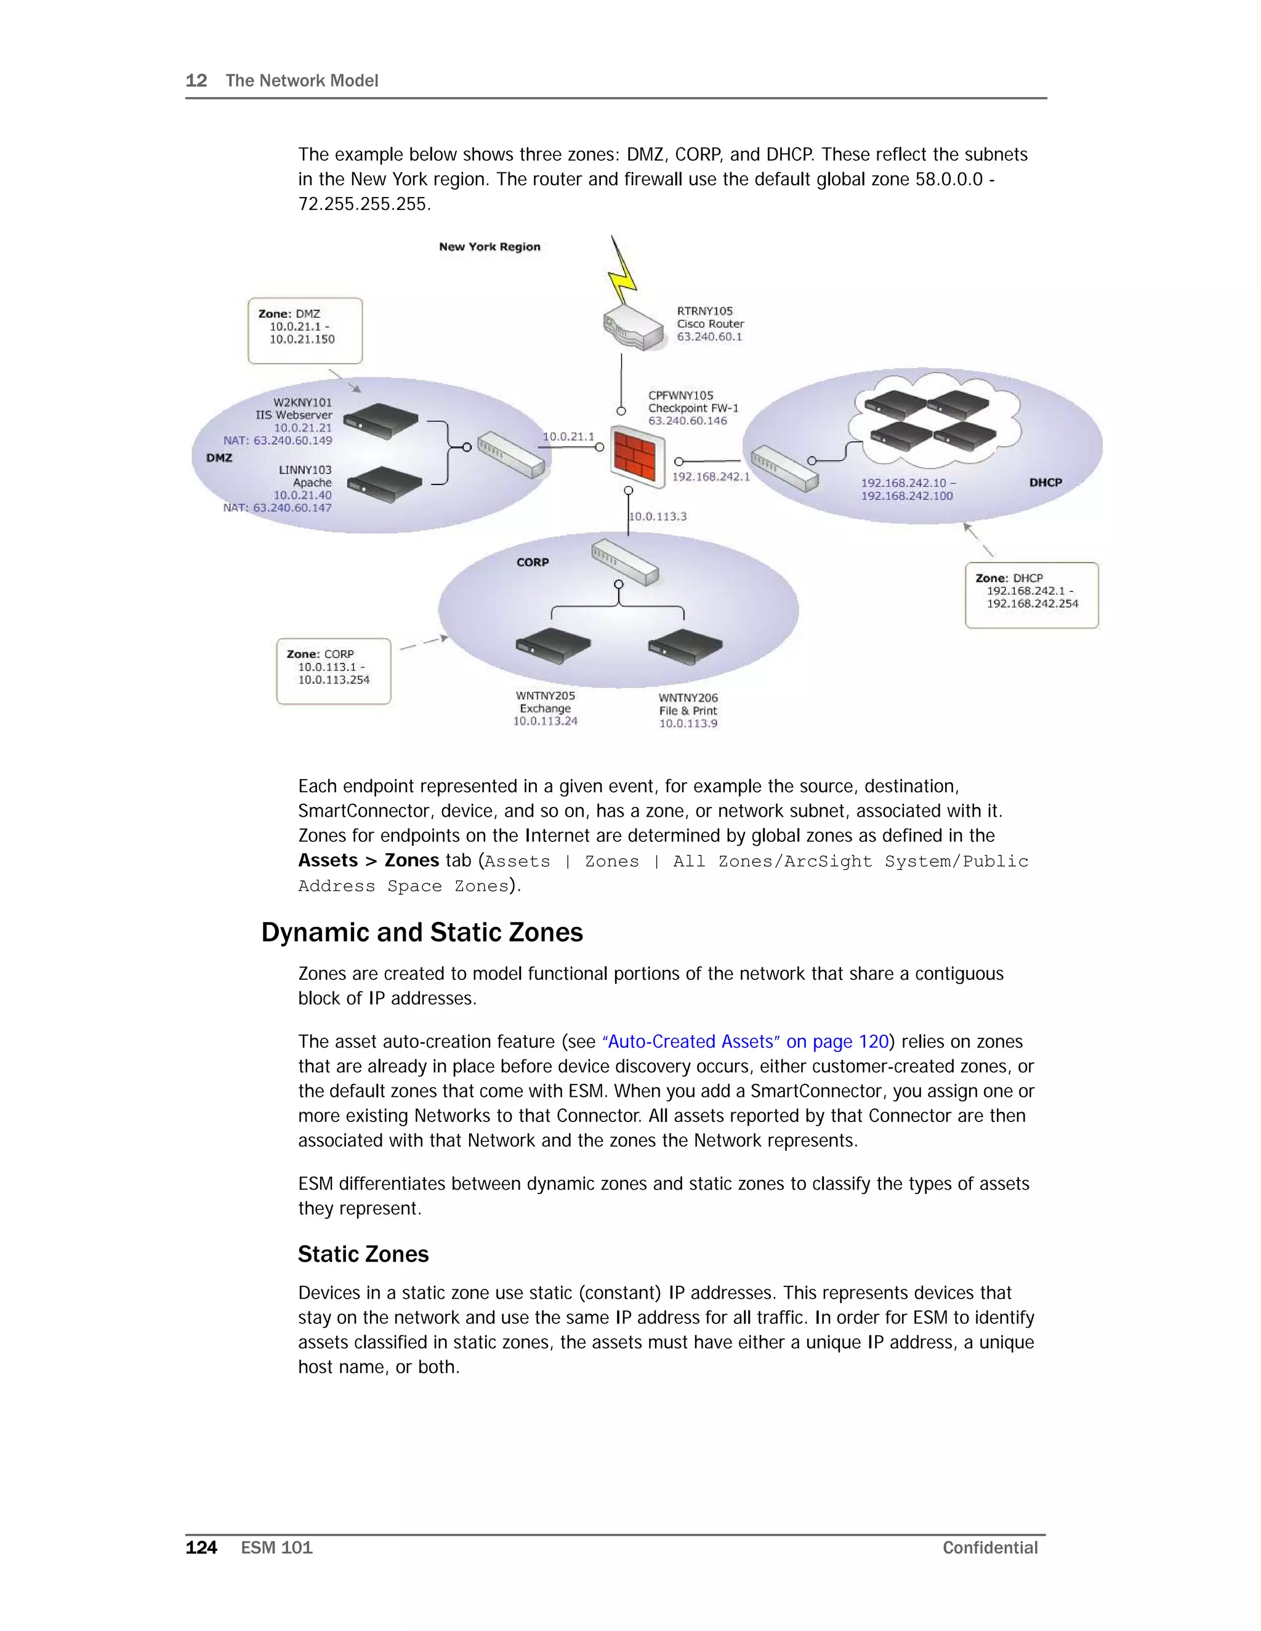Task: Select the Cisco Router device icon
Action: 634,327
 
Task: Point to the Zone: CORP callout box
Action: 333,671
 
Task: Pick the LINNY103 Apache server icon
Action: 385,486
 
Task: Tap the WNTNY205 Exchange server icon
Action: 553,645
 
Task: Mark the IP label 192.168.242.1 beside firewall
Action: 711,476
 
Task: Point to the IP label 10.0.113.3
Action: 658,516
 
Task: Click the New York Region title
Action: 489,246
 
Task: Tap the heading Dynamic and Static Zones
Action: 422,932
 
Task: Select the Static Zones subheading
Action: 363,1254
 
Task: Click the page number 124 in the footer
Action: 201,1547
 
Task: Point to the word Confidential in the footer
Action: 990,1547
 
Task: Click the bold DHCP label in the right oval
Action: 1045,483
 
